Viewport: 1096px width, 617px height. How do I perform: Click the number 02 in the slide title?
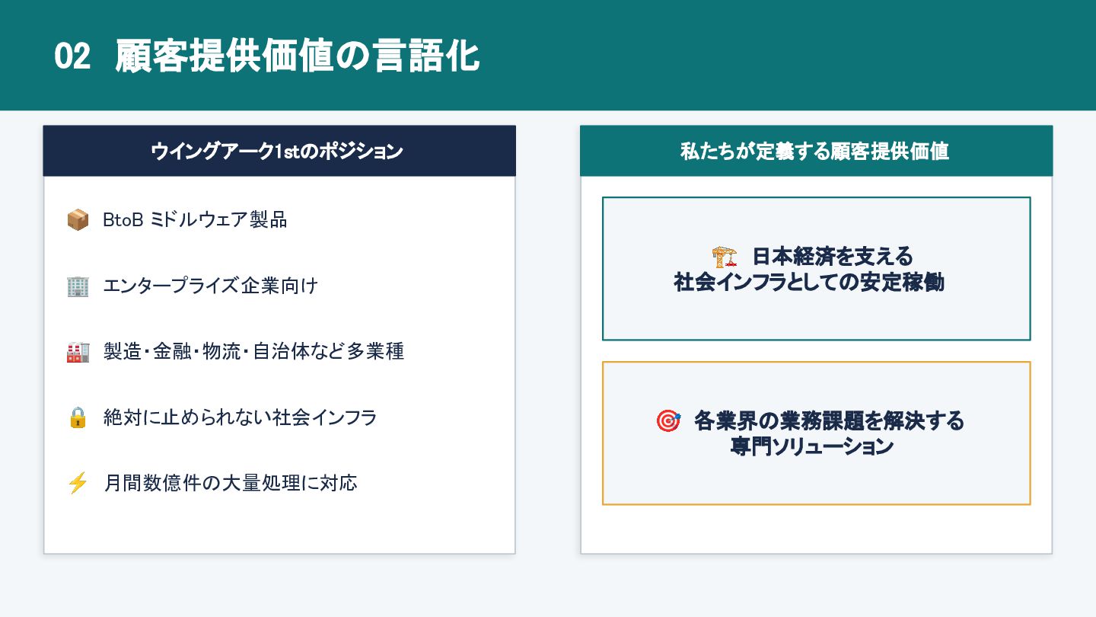tap(72, 57)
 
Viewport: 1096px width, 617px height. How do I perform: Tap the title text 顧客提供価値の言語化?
tap(298, 57)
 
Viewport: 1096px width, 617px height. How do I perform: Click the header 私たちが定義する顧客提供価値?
tap(814, 152)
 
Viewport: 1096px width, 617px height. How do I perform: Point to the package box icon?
tap(78, 220)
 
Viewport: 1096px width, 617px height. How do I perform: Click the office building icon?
tap(78, 286)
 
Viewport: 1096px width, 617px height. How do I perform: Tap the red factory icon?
tap(78, 352)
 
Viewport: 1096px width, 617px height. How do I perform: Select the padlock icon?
tap(78, 417)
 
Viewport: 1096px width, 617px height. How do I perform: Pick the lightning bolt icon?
tap(78, 483)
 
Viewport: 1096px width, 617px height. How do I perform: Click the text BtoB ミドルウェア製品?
tap(195, 220)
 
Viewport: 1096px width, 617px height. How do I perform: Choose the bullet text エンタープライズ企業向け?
tap(210, 286)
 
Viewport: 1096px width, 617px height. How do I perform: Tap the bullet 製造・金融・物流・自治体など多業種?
tap(253, 352)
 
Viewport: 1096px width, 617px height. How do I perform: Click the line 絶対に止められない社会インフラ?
tap(240, 417)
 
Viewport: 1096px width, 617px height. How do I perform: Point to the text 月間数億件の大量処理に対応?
tap(230, 483)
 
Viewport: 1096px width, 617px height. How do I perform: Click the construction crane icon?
tap(725, 256)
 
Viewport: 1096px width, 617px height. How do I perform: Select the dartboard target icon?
tap(668, 420)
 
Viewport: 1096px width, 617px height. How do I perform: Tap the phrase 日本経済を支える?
tap(833, 256)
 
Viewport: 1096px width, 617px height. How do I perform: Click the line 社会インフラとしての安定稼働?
tap(809, 283)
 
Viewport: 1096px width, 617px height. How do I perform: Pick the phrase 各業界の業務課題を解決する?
tap(829, 420)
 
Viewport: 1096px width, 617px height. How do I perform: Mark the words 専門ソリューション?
tap(811, 447)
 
